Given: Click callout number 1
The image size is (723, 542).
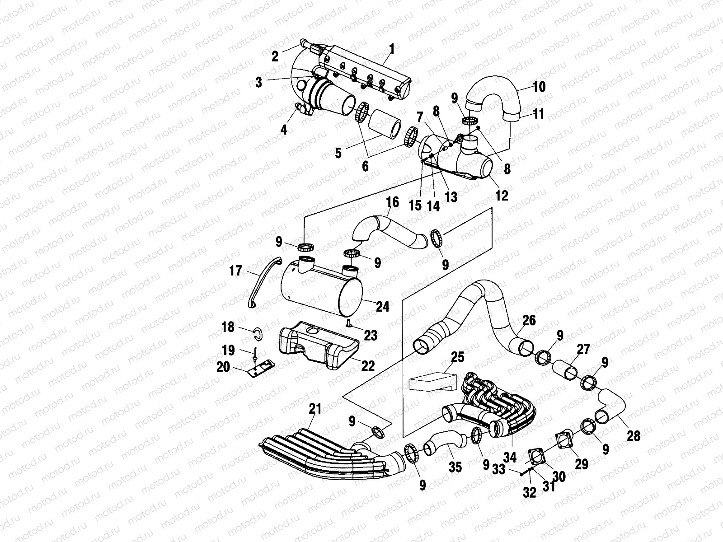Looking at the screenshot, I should (x=391, y=49).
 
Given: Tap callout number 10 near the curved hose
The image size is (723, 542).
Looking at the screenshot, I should (x=539, y=86).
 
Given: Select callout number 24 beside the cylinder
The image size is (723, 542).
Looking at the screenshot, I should (x=382, y=307).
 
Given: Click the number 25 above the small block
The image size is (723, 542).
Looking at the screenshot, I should (x=457, y=357).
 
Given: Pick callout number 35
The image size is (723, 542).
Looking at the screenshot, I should (x=455, y=467).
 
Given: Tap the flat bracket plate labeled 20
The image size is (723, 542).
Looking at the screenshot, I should (x=261, y=368).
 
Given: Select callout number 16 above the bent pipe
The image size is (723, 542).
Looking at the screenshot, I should (x=392, y=202).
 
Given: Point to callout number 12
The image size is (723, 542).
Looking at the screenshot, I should (x=502, y=195).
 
